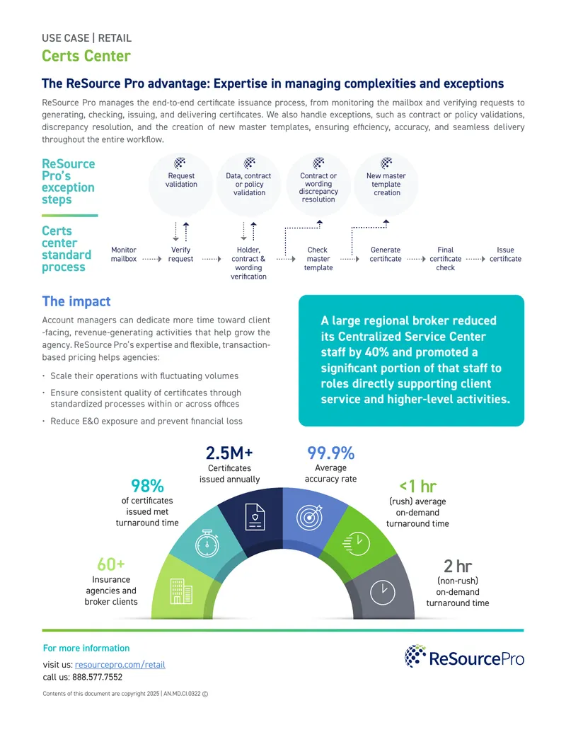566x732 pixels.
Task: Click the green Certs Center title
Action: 86,56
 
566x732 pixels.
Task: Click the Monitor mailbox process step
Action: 124,255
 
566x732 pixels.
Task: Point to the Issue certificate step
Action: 505,255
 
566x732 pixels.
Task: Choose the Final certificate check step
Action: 446,259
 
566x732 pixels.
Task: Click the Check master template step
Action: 318,259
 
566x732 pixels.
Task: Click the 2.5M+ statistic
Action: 229,453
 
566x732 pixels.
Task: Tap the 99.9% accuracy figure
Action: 330,453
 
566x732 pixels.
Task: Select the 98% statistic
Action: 147,486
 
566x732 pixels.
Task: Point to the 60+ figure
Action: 110,564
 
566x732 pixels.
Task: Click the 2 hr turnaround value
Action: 458,567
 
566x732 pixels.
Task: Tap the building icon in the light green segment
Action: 181,591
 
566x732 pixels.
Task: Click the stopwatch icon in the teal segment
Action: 207,543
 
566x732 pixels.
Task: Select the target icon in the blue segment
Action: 309,517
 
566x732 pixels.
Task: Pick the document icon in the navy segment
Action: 255,517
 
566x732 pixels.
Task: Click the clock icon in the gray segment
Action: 383,593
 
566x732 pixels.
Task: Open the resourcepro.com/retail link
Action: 120,664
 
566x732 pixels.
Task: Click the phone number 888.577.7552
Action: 97,677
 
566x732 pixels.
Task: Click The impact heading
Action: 76,301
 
